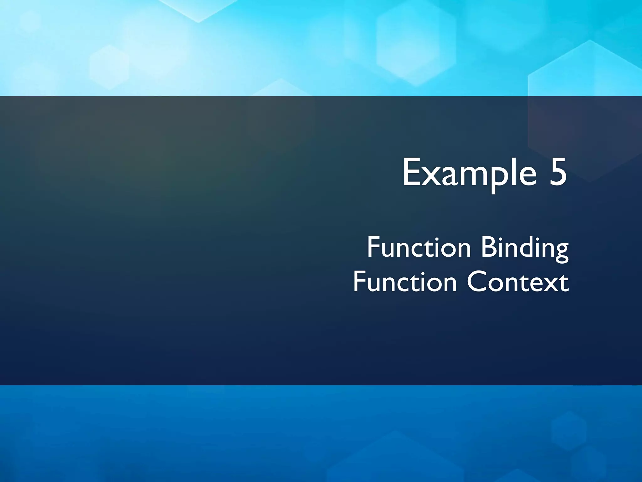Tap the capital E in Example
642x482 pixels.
click(412, 172)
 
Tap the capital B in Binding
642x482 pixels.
click(488, 248)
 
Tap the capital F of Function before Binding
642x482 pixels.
click(373, 248)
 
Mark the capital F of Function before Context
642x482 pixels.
click(359, 282)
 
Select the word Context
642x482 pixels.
click(518, 282)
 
